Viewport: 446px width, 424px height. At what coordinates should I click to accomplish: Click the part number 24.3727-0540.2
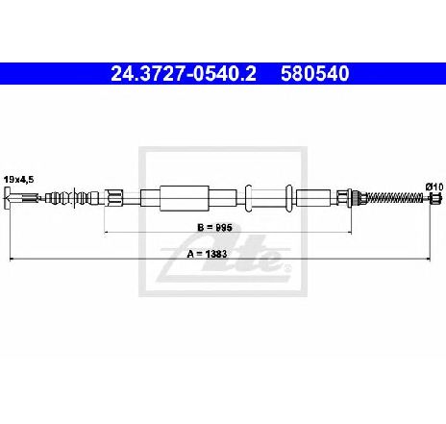184,74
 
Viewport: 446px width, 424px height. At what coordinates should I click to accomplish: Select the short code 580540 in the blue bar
314,74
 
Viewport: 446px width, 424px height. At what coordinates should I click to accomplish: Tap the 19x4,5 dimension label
18,180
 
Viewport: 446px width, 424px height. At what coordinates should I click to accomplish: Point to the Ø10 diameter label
434,187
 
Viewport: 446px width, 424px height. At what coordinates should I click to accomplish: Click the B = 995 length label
214,228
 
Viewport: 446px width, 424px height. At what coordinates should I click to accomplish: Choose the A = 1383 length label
207,254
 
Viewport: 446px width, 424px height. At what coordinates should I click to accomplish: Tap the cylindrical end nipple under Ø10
436,198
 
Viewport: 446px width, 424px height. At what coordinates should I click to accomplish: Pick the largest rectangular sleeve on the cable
185,198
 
